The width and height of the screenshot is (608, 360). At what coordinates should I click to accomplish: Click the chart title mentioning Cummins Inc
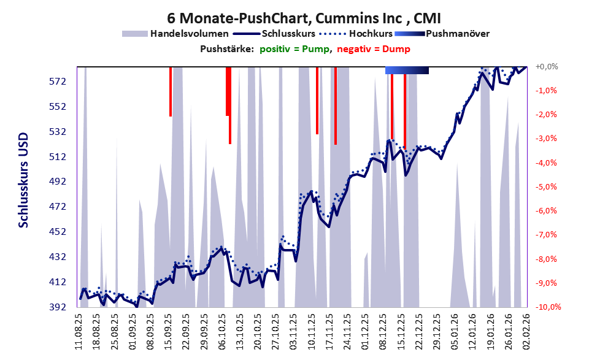304,18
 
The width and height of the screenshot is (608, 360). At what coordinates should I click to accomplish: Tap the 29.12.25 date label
436,331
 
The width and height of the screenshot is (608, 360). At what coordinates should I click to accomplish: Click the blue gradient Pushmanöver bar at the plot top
407,71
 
